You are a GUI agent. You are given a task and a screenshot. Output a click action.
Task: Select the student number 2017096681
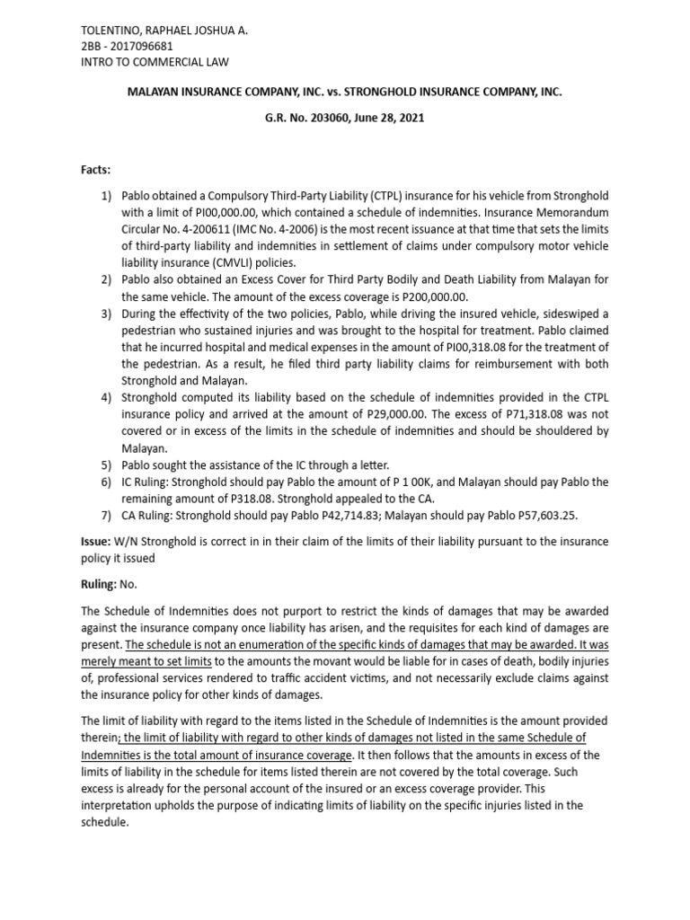point(143,46)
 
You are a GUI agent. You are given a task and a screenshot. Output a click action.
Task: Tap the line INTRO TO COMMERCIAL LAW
point(155,62)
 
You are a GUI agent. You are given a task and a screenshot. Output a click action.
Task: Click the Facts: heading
point(98,170)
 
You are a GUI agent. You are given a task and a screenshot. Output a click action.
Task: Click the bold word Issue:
point(97,542)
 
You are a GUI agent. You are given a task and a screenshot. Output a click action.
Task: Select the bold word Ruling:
point(100,583)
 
